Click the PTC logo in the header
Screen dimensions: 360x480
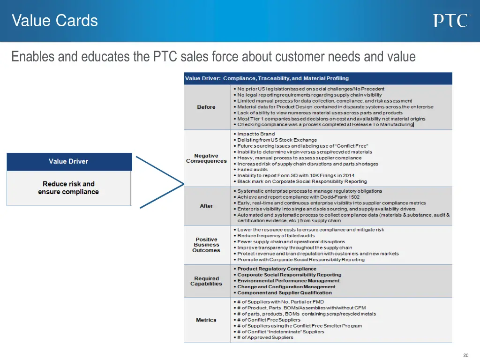[x=450, y=21]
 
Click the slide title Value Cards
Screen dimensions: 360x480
[x=55, y=21]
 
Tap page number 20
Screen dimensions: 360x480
[x=465, y=355]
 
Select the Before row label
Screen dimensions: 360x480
[x=206, y=107]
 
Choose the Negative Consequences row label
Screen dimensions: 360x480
[x=206, y=158]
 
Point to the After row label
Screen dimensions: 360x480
[x=206, y=206]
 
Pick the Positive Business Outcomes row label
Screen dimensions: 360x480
[x=206, y=245]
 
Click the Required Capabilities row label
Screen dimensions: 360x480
[x=206, y=281]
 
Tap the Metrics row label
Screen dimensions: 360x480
[x=206, y=320]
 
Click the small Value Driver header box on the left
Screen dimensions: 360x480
[x=68, y=161]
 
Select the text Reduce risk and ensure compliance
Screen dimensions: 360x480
[x=68, y=187]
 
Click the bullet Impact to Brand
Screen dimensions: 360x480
[x=256, y=134]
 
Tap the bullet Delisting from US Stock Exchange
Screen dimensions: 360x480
[x=277, y=140]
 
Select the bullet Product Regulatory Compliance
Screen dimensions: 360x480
[x=277, y=269]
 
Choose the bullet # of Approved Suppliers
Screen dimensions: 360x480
[x=267, y=337]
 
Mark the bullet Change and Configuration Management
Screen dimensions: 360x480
[x=286, y=287]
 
